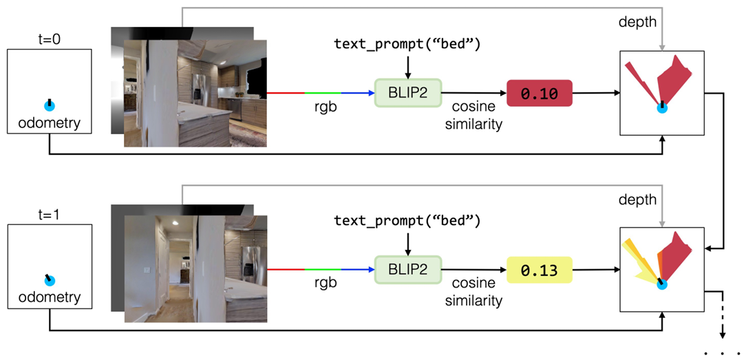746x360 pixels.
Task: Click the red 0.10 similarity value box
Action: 539,93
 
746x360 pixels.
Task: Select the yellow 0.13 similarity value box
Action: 539,271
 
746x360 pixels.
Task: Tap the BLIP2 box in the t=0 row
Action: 408,92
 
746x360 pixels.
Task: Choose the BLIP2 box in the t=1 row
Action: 408,270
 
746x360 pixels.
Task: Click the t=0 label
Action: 50,41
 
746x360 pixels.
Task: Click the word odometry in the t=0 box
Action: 50,123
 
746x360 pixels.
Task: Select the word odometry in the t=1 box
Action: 50,297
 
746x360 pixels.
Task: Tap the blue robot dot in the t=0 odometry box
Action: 50,105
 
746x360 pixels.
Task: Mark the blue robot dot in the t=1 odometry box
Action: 50,281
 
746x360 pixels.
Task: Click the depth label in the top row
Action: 637,23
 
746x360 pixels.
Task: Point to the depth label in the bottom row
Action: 637,200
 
